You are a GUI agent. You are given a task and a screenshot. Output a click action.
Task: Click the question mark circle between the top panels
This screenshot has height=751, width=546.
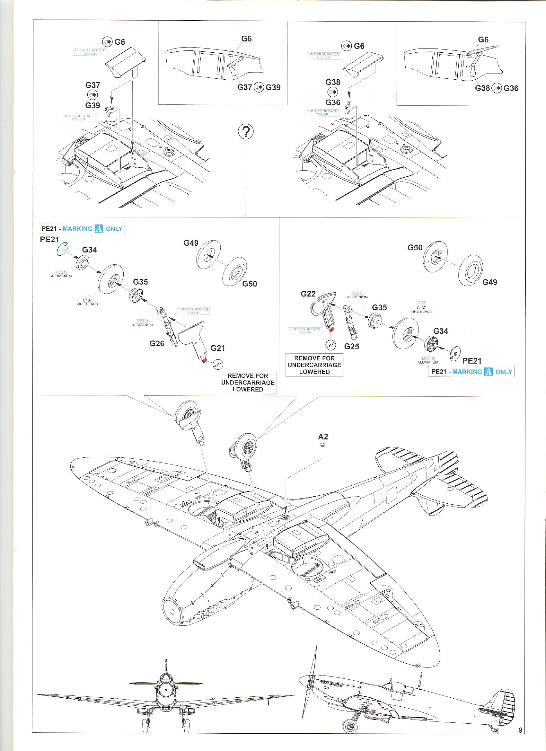pos(246,132)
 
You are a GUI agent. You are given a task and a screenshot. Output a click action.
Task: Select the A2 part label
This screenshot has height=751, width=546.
pos(323,437)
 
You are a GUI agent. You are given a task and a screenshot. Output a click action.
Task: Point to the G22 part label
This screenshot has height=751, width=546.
pos(308,294)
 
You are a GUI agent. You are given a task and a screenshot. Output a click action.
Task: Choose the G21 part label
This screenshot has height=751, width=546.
pos(217,348)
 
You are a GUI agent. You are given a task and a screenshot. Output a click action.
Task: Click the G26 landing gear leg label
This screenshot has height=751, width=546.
pos(157,343)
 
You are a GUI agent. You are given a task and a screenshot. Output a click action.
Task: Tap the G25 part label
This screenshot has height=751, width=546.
pos(351,346)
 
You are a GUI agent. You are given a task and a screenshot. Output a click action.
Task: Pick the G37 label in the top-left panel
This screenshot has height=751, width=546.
pos(93,85)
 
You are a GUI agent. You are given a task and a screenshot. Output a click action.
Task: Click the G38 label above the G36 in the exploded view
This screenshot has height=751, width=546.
pos(333,83)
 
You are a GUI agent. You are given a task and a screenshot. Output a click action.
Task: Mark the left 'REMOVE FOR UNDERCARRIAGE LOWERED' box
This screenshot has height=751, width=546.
pos(248,383)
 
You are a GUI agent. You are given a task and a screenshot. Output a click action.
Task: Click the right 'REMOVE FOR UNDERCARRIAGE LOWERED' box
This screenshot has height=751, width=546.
pos(314,365)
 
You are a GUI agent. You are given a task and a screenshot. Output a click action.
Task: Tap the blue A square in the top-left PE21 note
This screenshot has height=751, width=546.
pos(99,229)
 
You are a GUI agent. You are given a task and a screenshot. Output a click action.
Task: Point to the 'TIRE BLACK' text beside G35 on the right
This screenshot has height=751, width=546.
pos(421,312)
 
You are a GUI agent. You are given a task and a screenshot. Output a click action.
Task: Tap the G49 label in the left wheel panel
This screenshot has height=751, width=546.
pos(191,243)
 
